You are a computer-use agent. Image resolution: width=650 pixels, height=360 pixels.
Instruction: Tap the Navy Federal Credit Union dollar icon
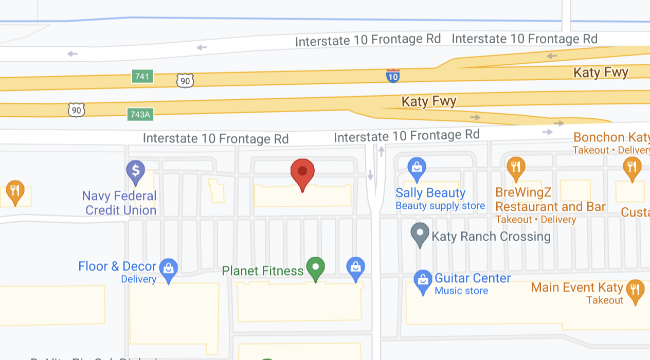(x=135, y=171)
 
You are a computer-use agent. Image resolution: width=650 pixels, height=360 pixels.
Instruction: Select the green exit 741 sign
(x=142, y=76)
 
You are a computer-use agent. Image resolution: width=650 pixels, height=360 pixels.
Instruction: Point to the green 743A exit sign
(x=140, y=114)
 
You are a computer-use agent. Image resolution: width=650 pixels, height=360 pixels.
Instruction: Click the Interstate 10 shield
(x=393, y=76)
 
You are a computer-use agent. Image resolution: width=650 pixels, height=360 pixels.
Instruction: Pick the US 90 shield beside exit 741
(x=185, y=80)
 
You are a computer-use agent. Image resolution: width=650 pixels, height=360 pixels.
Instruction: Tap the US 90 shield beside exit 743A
(x=76, y=110)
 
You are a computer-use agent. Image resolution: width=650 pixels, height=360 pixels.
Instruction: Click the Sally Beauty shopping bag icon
(x=417, y=168)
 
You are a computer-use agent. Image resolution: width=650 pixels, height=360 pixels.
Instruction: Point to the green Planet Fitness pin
(x=315, y=267)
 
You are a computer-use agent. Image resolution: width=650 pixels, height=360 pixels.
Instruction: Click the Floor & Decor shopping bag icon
(x=168, y=268)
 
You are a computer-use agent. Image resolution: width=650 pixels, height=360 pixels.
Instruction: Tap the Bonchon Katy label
(x=611, y=138)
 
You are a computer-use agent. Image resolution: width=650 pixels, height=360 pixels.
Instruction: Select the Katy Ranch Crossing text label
(x=491, y=237)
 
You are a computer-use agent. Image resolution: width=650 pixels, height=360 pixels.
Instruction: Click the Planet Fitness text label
(x=262, y=271)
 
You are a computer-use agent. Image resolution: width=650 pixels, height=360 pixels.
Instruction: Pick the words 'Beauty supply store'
(x=440, y=206)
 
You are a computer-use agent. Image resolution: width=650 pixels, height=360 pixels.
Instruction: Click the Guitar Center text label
(x=473, y=278)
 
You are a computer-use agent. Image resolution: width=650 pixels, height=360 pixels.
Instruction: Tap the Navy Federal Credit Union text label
(x=120, y=203)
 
